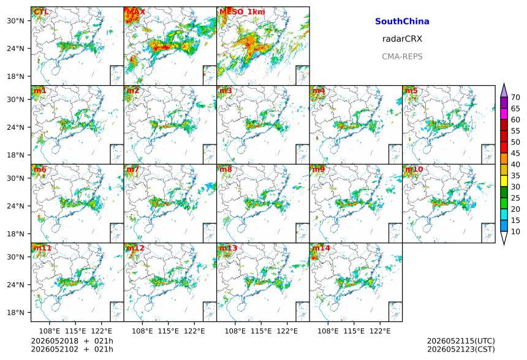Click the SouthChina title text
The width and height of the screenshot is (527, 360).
tap(402, 21)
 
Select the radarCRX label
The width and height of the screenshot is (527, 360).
tap(402, 39)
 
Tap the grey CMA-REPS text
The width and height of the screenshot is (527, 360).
tap(402, 56)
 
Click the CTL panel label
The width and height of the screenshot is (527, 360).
tap(41, 12)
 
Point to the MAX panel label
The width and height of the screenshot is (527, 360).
tap(136, 12)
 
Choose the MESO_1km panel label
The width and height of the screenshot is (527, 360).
tap(242, 12)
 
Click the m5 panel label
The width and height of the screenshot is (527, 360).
tap(411, 91)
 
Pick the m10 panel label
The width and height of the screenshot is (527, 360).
tap(414, 169)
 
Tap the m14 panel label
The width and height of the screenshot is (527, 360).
tap(321, 248)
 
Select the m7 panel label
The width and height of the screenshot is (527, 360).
tap(132, 169)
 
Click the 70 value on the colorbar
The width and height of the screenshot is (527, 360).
tap(515, 97)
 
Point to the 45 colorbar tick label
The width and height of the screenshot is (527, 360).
tap(515, 154)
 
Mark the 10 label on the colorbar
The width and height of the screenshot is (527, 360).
tap(515, 231)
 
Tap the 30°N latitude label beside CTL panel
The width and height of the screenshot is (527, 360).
tap(16, 21)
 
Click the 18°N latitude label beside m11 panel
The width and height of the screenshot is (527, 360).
tap(16, 313)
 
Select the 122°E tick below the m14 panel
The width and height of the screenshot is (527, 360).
tap(380, 331)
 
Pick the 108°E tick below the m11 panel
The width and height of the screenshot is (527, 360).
tap(50, 331)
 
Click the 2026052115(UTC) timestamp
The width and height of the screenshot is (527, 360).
tap(461, 341)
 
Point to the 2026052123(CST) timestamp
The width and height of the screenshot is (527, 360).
tap(461, 350)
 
